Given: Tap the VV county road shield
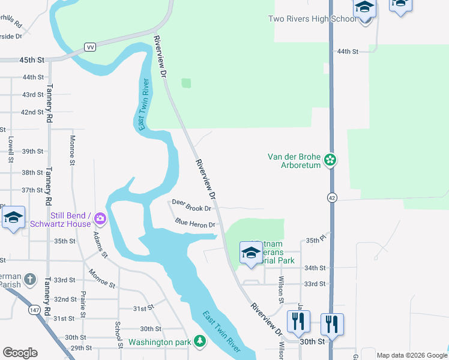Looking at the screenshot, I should pos(91,47).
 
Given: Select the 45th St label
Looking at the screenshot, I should pos(32,60).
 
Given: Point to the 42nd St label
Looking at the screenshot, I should pos(32,112).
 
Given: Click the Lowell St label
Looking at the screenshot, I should pos(11,146).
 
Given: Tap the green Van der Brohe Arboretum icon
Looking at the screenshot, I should pos(330,160).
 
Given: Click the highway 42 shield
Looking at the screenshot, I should pos(331,197).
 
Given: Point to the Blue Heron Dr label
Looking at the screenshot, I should pos(195,223).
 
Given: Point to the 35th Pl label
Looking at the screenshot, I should pos(315,240).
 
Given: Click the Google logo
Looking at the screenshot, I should pos(20,353).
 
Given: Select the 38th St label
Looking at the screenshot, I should pos(32,172).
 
